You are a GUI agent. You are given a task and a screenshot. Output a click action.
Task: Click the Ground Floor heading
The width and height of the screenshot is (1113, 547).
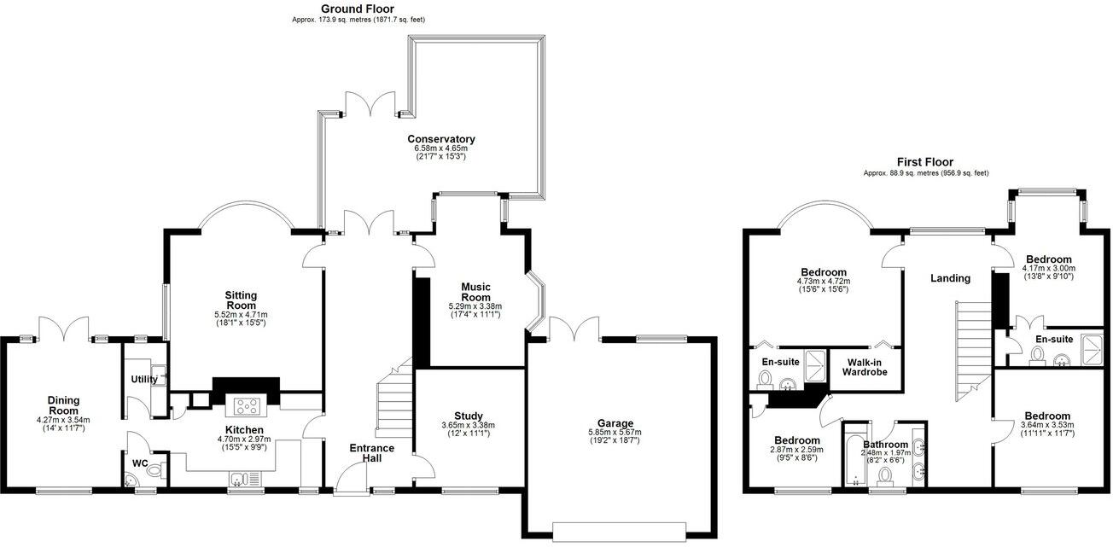tap(357, 9)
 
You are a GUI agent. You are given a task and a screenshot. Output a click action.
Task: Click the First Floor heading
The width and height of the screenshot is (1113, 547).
tap(924, 161)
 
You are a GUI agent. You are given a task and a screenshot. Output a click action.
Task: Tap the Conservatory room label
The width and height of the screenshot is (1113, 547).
tap(440, 139)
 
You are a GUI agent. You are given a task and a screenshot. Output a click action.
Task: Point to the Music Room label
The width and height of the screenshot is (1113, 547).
tap(475, 292)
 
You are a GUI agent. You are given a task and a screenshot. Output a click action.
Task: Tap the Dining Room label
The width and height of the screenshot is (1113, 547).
tap(63, 404)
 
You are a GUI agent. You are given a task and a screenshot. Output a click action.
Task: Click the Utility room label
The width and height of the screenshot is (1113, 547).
tap(143, 380)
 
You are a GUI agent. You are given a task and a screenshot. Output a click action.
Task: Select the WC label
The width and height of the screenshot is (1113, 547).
tap(140, 464)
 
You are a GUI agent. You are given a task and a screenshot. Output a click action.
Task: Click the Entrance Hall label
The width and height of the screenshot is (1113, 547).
tap(371, 453)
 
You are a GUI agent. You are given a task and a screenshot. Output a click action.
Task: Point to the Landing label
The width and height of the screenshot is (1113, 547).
tap(950, 278)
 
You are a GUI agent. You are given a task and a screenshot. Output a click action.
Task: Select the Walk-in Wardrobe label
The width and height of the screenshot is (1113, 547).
tap(866, 366)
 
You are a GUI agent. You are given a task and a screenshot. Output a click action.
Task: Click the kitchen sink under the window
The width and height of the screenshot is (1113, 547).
tap(242, 479)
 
